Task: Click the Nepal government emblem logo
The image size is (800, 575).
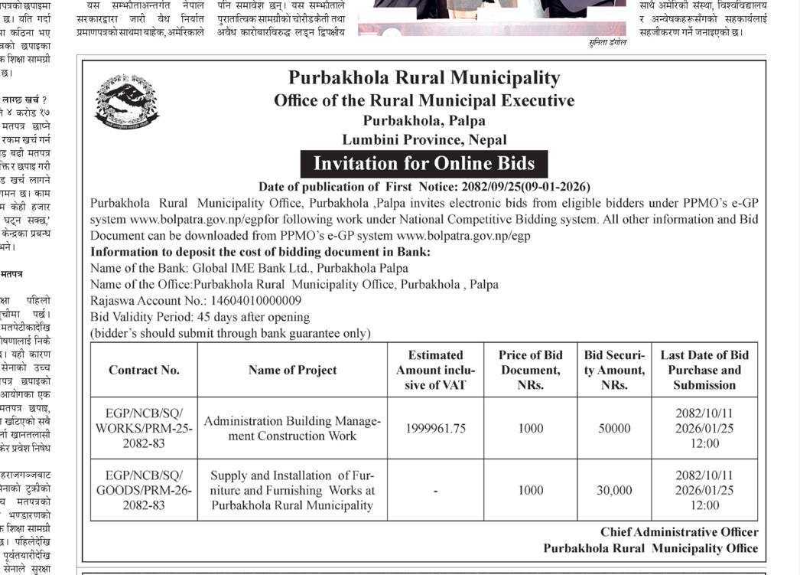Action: (x=126, y=101)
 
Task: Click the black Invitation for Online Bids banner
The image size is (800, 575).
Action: (x=424, y=164)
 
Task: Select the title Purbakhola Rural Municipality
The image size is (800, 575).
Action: (x=424, y=78)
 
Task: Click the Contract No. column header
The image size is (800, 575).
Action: (x=144, y=370)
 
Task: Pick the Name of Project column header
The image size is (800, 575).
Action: (x=292, y=370)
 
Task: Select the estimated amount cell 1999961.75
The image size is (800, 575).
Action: (x=435, y=429)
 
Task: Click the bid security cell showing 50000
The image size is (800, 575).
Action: (x=614, y=429)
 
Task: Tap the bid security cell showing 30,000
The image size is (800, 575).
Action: (x=614, y=491)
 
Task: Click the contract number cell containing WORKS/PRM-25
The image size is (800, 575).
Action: (x=144, y=429)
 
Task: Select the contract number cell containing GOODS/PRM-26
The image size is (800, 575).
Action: (x=144, y=491)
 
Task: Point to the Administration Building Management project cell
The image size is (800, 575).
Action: (x=292, y=429)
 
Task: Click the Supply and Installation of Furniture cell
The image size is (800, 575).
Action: (x=292, y=491)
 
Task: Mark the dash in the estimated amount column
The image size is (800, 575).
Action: (x=435, y=491)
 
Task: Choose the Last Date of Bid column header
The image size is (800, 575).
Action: (x=704, y=370)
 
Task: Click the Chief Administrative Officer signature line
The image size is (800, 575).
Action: (x=679, y=532)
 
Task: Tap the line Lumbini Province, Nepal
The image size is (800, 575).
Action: (x=424, y=140)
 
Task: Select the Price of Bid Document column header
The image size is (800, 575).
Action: (x=530, y=370)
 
